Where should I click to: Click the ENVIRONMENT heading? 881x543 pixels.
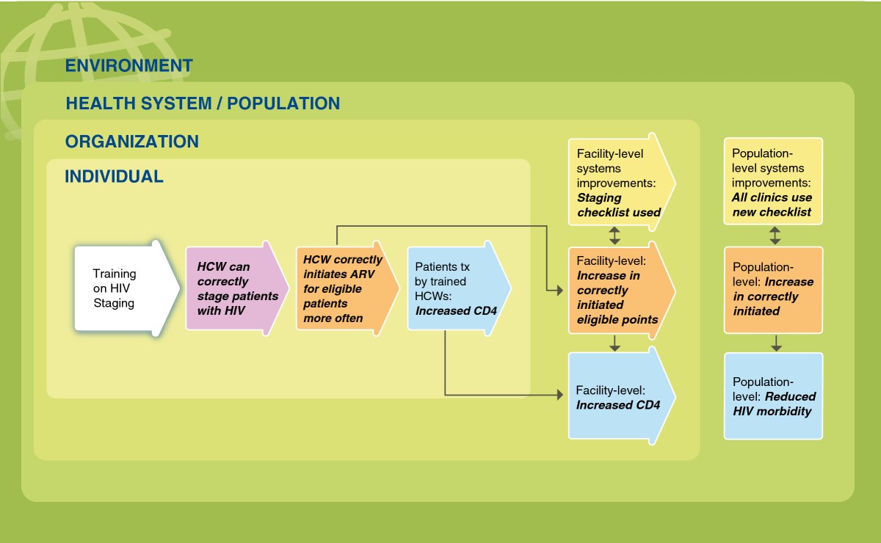coord(128,65)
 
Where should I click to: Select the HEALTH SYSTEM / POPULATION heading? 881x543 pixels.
coord(203,103)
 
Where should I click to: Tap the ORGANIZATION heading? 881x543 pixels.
coord(131,142)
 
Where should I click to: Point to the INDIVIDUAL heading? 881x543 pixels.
coord(114,177)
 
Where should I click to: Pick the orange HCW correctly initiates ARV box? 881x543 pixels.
coord(341,288)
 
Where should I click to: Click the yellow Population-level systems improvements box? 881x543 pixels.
coord(773,181)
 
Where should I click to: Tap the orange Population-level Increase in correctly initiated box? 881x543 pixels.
coord(773,289)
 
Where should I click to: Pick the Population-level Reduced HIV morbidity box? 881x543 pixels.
coord(773,396)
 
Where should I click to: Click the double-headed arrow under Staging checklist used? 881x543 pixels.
coord(615,235)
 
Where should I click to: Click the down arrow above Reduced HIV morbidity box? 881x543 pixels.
coord(776,342)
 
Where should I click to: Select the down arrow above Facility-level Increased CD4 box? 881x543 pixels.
coord(615,342)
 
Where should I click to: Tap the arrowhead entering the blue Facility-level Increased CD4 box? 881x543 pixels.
coord(565,396)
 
